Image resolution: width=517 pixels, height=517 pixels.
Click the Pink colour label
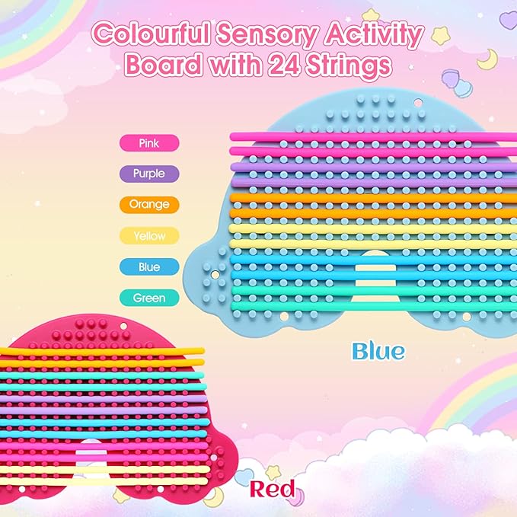pyautogui.click(x=149, y=142)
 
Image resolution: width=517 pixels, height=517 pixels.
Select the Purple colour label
pyautogui.click(x=149, y=174)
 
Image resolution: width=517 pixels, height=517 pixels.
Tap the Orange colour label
pyautogui.click(x=149, y=204)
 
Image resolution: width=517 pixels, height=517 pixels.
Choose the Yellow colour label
pyautogui.click(x=149, y=236)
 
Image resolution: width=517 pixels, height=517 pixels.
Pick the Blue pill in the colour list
pyautogui.click(x=149, y=267)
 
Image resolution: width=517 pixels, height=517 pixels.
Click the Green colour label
pyautogui.click(x=149, y=298)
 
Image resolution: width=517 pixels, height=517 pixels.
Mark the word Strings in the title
pyautogui.click(x=356, y=67)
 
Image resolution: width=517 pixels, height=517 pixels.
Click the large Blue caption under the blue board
pyautogui.click(x=378, y=351)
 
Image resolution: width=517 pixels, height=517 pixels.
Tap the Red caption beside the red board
pyautogui.click(x=271, y=489)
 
